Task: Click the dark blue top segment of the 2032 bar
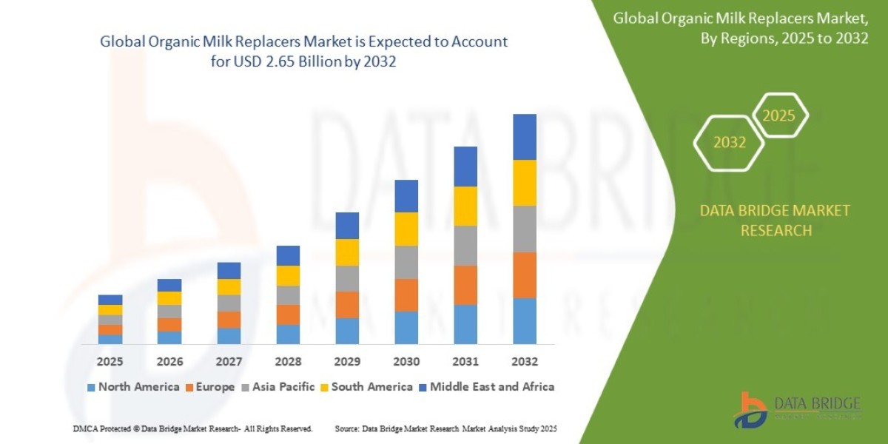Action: pyautogui.click(x=524, y=137)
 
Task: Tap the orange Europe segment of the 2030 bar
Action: pyautogui.click(x=406, y=295)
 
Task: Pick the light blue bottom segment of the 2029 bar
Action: pyautogui.click(x=347, y=331)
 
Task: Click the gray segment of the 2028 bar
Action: pyautogui.click(x=288, y=295)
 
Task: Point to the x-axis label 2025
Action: pyautogui.click(x=110, y=362)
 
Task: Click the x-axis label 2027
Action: pyautogui.click(x=229, y=362)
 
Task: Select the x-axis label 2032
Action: pyautogui.click(x=524, y=362)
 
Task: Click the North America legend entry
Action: pyautogui.click(x=133, y=387)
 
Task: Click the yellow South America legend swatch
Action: pyautogui.click(x=324, y=387)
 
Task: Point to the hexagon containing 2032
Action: pyautogui.click(x=730, y=143)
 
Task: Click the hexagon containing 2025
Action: pyautogui.click(x=778, y=115)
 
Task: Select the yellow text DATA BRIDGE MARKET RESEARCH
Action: pyautogui.click(x=775, y=221)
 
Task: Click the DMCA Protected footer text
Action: pyautogui.click(x=192, y=428)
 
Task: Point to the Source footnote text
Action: pyautogui.click(x=445, y=428)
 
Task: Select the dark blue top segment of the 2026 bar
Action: pyautogui.click(x=169, y=285)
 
